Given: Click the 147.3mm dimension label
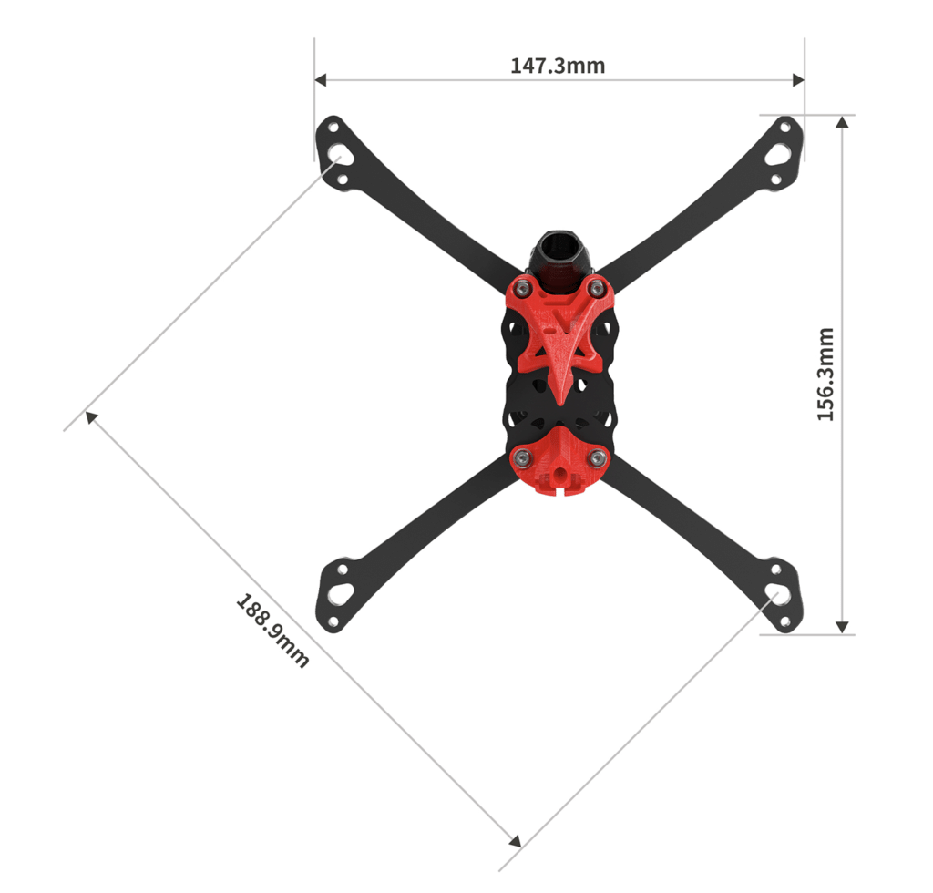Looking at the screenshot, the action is (558, 66).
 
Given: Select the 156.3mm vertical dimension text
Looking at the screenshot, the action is (825, 375).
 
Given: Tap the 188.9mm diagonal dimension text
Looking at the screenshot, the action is (272, 631).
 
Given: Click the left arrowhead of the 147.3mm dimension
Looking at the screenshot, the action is (320, 79).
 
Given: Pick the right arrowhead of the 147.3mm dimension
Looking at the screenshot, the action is (798, 79).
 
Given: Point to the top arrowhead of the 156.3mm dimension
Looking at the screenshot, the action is (842, 122).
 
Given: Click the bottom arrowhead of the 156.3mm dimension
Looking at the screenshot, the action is (842, 627).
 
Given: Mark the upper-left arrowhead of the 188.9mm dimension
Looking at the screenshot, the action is (91, 417).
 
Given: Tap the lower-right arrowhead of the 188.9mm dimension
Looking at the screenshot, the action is (516, 840).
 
